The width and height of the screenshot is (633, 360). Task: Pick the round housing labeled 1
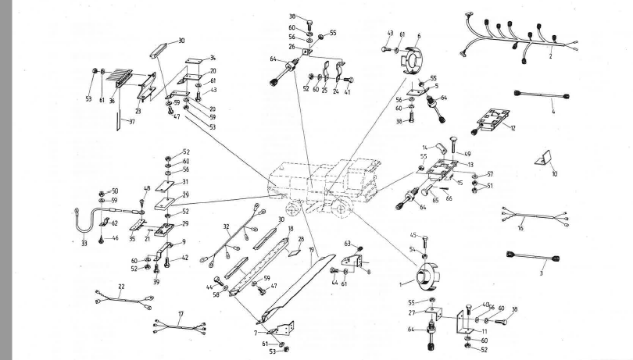(427, 275)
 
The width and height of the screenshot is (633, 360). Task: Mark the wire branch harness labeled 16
(531, 217)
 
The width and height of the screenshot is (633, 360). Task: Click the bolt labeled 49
(456, 148)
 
